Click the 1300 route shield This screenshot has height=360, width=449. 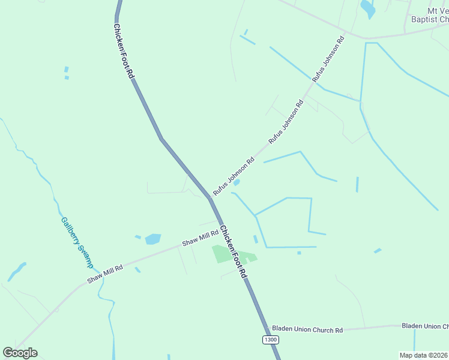pyautogui.click(x=271, y=340)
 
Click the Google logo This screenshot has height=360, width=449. pyautogui.click(x=20, y=353)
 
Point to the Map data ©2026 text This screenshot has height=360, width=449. pyautogui.click(x=424, y=355)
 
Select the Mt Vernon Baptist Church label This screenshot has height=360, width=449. pyautogui.click(x=429, y=15)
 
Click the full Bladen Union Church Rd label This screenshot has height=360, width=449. pyautogui.click(x=307, y=329)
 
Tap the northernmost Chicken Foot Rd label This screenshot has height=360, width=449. pyautogui.click(x=124, y=51)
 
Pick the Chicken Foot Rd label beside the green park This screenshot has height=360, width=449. pyautogui.click(x=233, y=251)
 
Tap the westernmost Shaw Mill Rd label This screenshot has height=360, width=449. pyautogui.click(x=105, y=274)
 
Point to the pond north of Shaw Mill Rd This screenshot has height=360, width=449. pyautogui.click(x=153, y=239)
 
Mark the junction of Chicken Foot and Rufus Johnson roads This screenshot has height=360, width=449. pyautogui.click(x=211, y=197)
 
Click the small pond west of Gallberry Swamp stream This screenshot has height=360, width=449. pyautogui.click(x=17, y=271)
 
